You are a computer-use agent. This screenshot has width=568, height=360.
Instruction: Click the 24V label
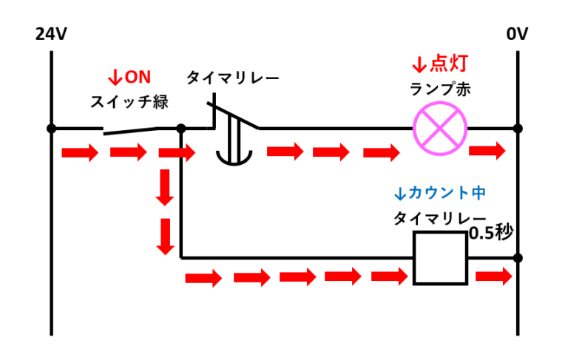click(x=50, y=34)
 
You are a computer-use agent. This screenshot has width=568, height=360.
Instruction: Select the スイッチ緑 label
click(x=129, y=102)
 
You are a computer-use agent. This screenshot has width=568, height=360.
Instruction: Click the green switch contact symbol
click(x=130, y=130)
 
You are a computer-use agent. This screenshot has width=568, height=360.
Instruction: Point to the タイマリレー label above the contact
click(x=232, y=78)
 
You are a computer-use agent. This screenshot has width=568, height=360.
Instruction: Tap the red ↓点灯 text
click(x=439, y=63)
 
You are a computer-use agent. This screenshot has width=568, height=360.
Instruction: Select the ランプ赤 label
click(x=440, y=89)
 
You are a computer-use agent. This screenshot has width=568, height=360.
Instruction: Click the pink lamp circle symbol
click(x=441, y=127)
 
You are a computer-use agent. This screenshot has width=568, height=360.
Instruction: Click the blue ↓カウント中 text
click(x=439, y=194)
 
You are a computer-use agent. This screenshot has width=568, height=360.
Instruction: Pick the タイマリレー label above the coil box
click(x=439, y=220)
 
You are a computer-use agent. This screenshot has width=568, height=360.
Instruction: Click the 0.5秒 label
click(x=490, y=233)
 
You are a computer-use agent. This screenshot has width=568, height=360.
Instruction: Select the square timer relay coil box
click(x=440, y=258)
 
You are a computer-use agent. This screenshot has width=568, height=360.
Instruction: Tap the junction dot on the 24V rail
click(x=51, y=129)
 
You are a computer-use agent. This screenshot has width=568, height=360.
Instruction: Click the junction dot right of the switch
click(x=181, y=129)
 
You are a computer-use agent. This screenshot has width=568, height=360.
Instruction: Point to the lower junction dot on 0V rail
click(x=518, y=258)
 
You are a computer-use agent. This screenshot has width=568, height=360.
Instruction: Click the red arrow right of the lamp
click(x=487, y=151)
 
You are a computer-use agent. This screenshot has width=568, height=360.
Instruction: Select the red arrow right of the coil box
click(x=493, y=277)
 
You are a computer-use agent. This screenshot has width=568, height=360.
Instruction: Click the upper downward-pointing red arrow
click(x=165, y=189)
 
